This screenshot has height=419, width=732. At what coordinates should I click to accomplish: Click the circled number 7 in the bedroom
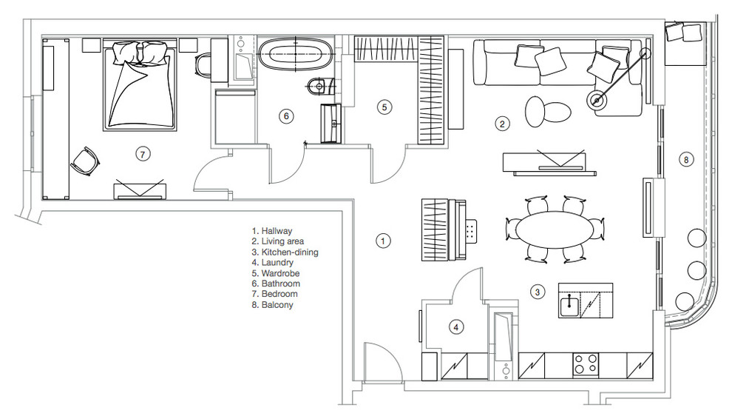pyautogui.click(x=143, y=154)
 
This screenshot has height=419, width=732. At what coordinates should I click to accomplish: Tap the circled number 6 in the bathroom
pyautogui.click(x=286, y=116)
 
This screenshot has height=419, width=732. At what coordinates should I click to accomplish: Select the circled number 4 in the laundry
pyautogui.click(x=456, y=327)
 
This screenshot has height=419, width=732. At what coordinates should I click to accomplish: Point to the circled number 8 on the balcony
pyautogui.click(x=685, y=160)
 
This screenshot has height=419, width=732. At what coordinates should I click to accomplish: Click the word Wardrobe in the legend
pyautogui.click(x=280, y=273)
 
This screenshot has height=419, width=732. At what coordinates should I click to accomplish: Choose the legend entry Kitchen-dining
pyautogui.click(x=289, y=252)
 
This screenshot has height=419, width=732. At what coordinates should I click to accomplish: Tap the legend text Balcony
pyautogui.click(x=277, y=305)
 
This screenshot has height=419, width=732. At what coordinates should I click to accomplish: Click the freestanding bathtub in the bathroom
pyautogui.click(x=296, y=55)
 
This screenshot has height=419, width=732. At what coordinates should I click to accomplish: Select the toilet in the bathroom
pyautogui.click(x=322, y=85)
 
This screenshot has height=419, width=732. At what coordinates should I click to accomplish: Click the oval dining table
pyautogui.click(x=555, y=229)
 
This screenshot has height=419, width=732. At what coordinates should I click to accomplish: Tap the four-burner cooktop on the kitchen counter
pyautogui.click(x=586, y=364)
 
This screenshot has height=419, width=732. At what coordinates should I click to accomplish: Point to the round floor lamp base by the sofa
pyautogui.click(x=597, y=100)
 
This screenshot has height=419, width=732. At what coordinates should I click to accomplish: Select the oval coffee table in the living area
pyautogui.click(x=548, y=111)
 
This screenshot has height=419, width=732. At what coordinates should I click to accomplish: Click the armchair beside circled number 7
pyautogui.click(x=85, y=161)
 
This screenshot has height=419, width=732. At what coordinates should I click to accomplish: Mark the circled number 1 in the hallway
pyautogui.click(x=383, y=241)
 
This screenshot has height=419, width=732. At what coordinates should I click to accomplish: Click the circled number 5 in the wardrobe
pyautogui.click(x=384, y=107)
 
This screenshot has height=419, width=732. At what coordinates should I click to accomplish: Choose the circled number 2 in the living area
pyautogui.click(x=502, y=124)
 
